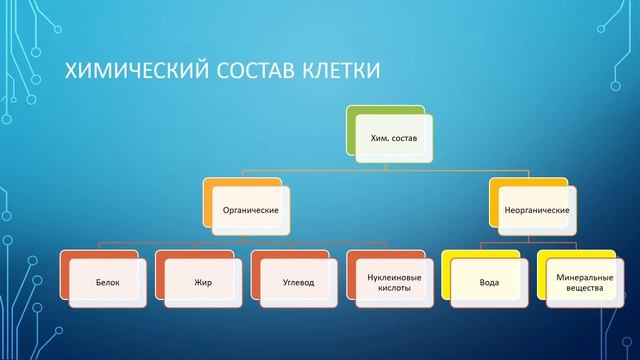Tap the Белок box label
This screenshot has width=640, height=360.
[x=108, y=282]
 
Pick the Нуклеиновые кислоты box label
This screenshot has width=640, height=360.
[x=395, y=282]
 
